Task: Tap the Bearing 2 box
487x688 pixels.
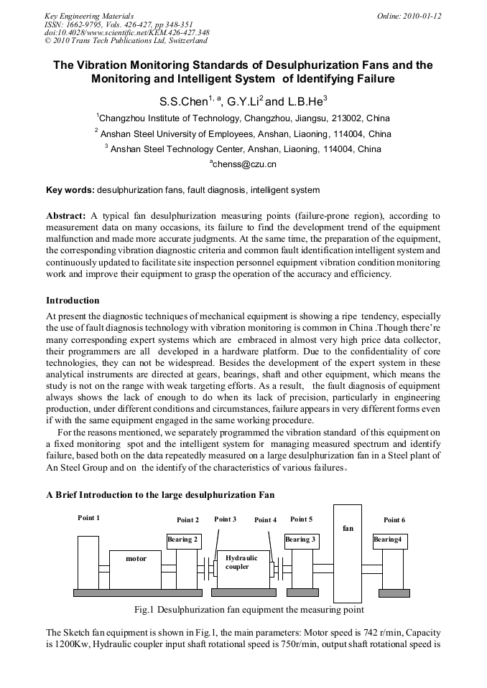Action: [182, 539]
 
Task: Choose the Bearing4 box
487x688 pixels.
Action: [389, 539]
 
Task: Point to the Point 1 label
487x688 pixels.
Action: [89, 518]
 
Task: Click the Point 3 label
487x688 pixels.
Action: [225, 519]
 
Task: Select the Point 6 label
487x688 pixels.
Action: [394, 519]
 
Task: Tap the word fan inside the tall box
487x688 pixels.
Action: [348, 528]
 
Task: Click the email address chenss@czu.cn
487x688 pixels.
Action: [243, 164]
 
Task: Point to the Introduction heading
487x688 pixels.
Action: [73, 300]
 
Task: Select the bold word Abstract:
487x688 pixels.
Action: [66, 216]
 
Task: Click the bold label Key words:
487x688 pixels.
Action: [70, 190]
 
